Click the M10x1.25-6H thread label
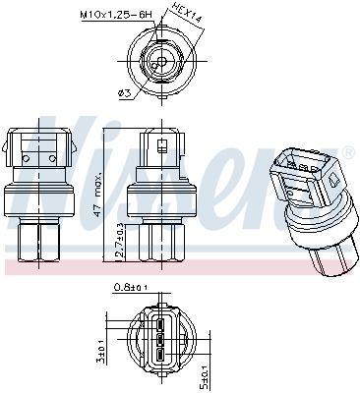point(116,15)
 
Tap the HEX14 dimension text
point(187,13)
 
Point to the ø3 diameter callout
point(124,93)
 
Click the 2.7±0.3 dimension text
point(120,240)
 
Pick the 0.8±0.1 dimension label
point(131,288)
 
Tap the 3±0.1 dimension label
point(102,354)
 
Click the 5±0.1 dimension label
point(206,377)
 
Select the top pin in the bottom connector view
point(160,325)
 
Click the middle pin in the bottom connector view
point(160,340)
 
